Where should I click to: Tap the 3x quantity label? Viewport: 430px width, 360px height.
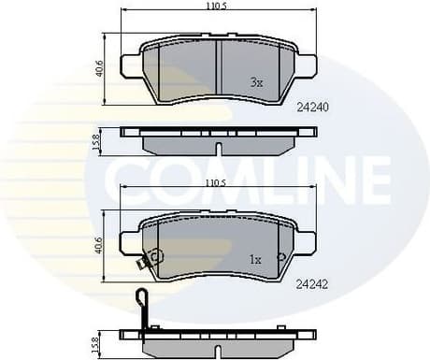click(256, 82)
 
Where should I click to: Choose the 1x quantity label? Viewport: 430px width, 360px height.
click(255, 257)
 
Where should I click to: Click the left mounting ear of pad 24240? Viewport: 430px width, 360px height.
click(131, 65)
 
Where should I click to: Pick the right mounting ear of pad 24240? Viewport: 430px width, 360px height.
click(307, 65)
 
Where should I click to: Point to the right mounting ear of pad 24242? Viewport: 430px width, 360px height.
click(307, 242)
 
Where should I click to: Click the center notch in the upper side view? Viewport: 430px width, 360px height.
click(218, 148)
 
